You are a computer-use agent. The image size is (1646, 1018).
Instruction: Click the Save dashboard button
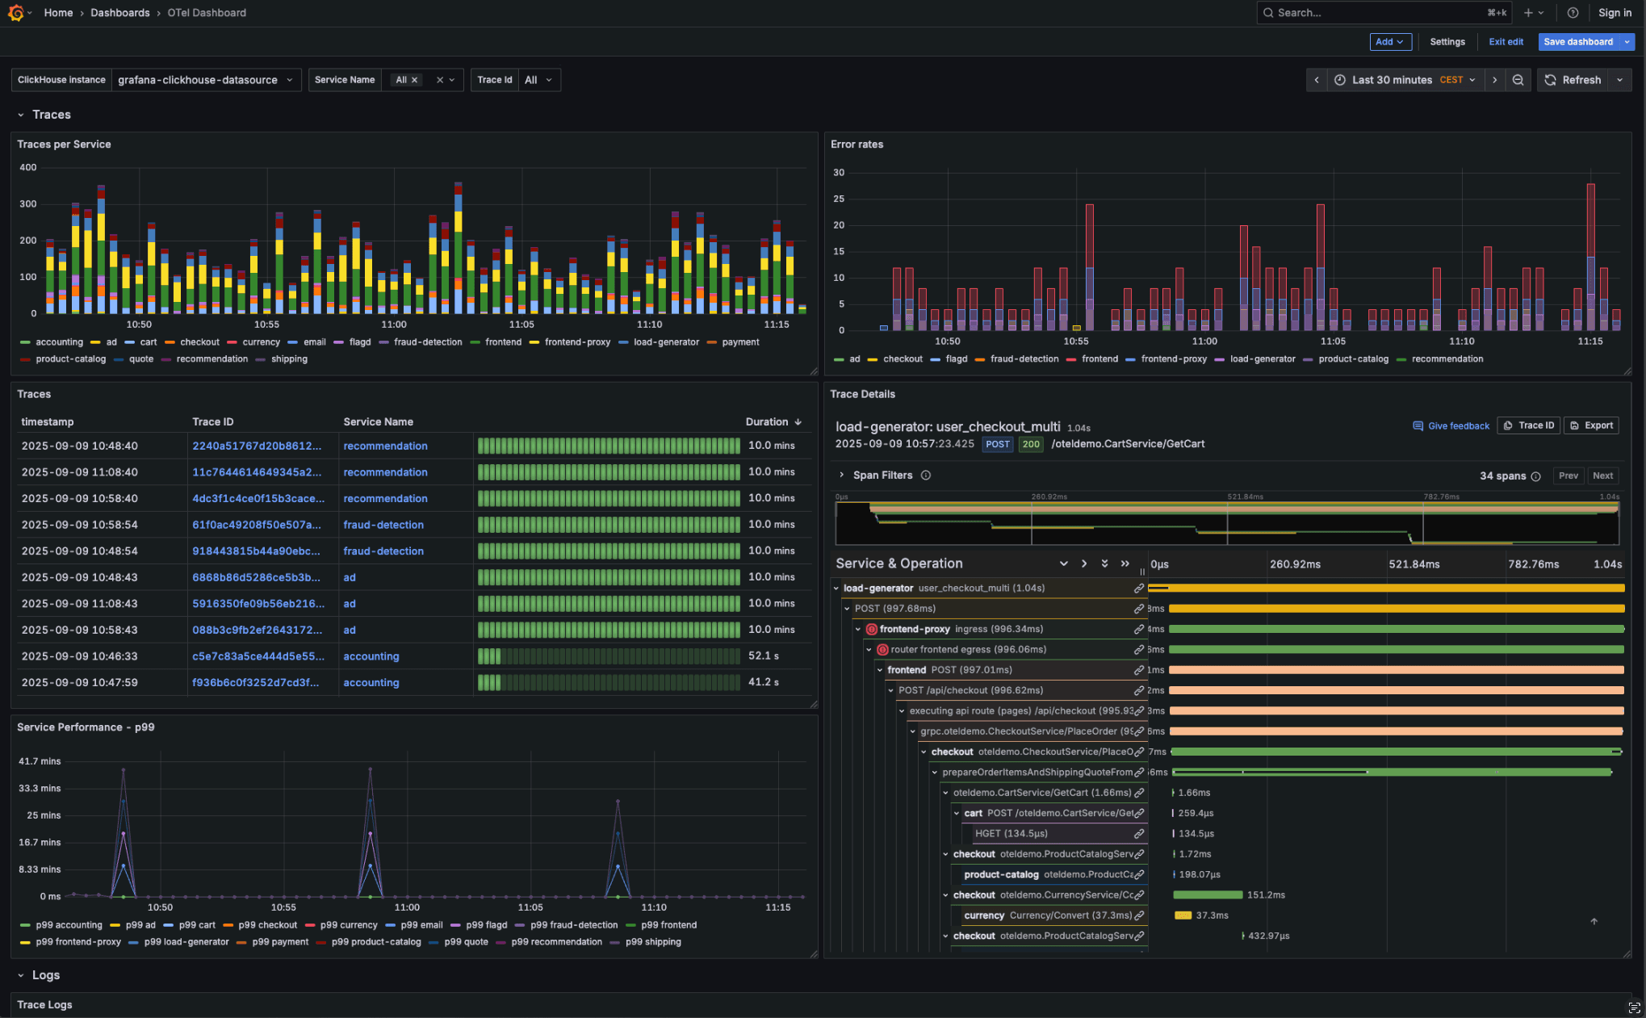[x=1577, y=42]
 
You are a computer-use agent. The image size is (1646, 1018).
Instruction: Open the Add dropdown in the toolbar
[x=1389, y=42]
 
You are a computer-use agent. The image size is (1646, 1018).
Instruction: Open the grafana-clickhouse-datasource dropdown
[x=205, y=80]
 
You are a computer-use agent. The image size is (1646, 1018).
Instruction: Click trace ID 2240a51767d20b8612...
[x=256, y=446]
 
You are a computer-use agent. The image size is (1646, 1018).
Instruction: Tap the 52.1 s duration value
[x=763, y=656]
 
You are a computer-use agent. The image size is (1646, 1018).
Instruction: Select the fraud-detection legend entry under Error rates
[x=1023, y=359]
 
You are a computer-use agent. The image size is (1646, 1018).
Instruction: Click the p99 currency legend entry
[x=348, y=925]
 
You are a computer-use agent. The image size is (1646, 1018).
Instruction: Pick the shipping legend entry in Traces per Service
[x=288, y=359]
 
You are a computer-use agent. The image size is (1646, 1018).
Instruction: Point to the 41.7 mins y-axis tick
[x=40, y=761]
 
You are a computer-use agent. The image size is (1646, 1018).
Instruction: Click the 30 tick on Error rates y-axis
[x=839, y=173]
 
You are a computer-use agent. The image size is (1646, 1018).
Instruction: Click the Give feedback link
[x=1457, y=426]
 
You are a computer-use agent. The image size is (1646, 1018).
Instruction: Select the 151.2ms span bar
[x=1207, y=894]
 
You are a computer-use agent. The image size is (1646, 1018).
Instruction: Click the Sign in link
[x=1614, y=13]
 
